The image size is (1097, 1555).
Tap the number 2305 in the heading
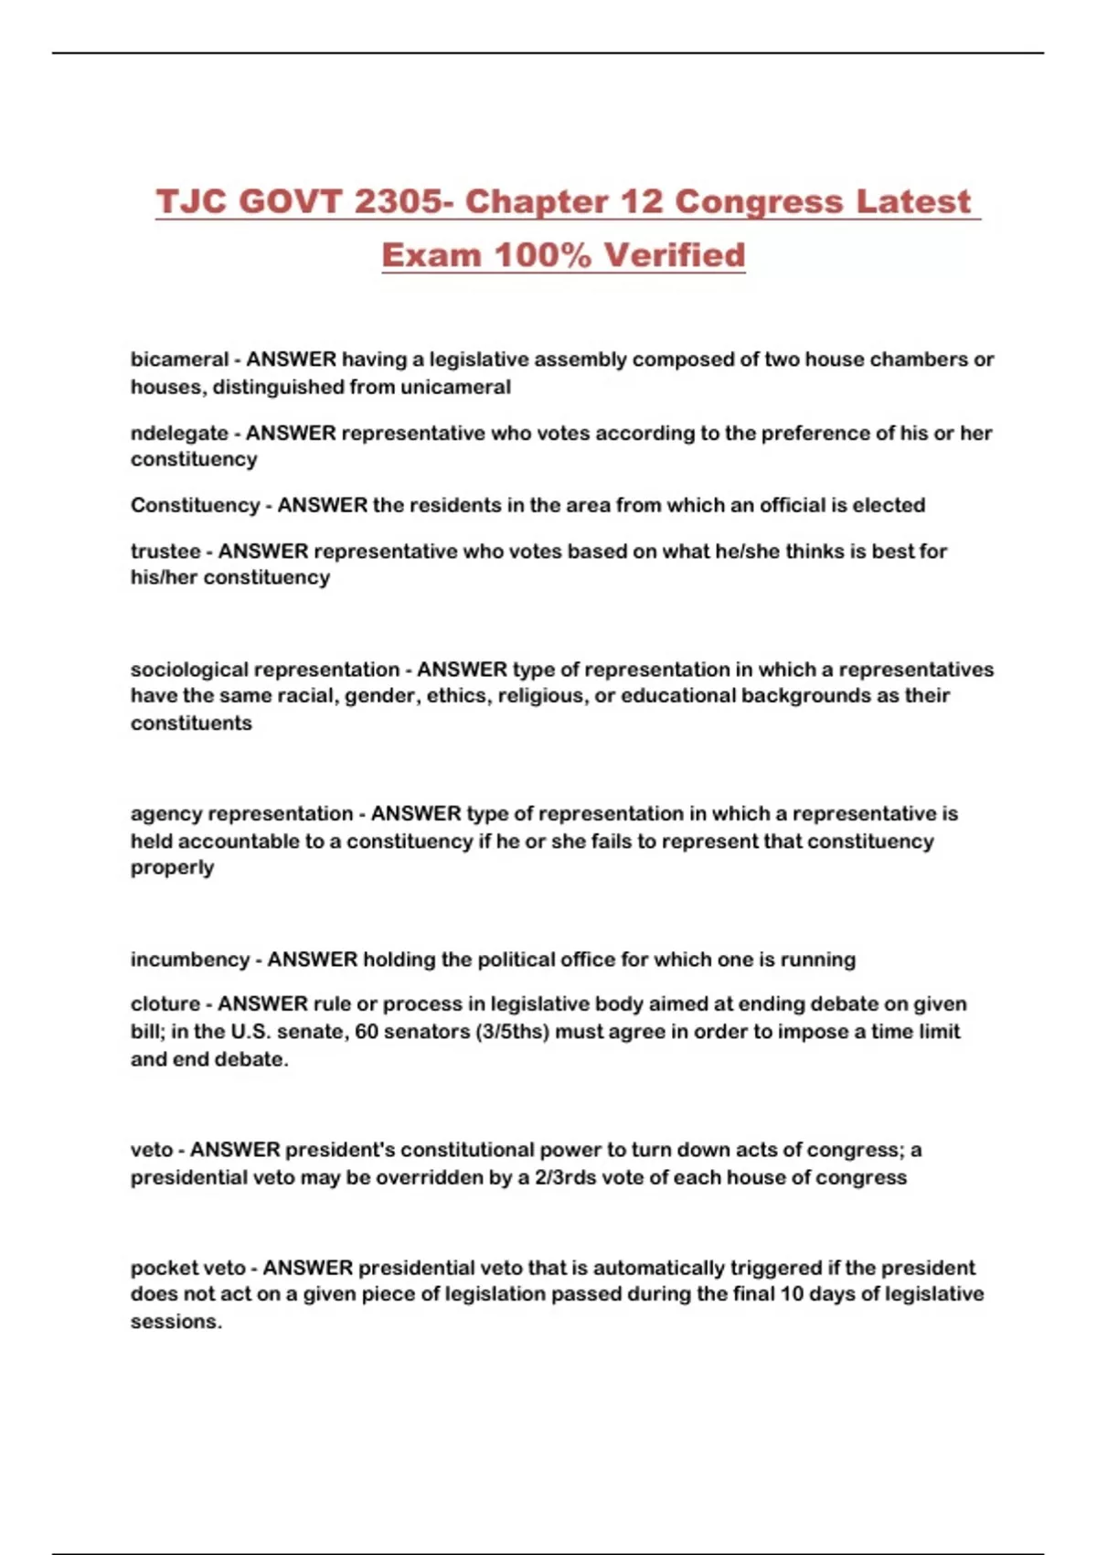[398, 202]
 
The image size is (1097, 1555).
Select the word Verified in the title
[675, 255]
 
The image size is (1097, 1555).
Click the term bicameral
[179, 359]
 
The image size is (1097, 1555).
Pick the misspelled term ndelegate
[179, 433]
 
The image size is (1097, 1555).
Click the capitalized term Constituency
[195, 505]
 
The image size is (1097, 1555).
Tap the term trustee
[165, 551]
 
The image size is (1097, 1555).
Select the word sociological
[188, 670]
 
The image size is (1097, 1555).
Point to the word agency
[162, 814]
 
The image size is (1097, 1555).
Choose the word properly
[172, 867]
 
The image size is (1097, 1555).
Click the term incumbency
[189, 960]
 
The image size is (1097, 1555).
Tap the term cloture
[165, 1004]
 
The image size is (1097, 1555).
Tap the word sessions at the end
[175, 1322]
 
